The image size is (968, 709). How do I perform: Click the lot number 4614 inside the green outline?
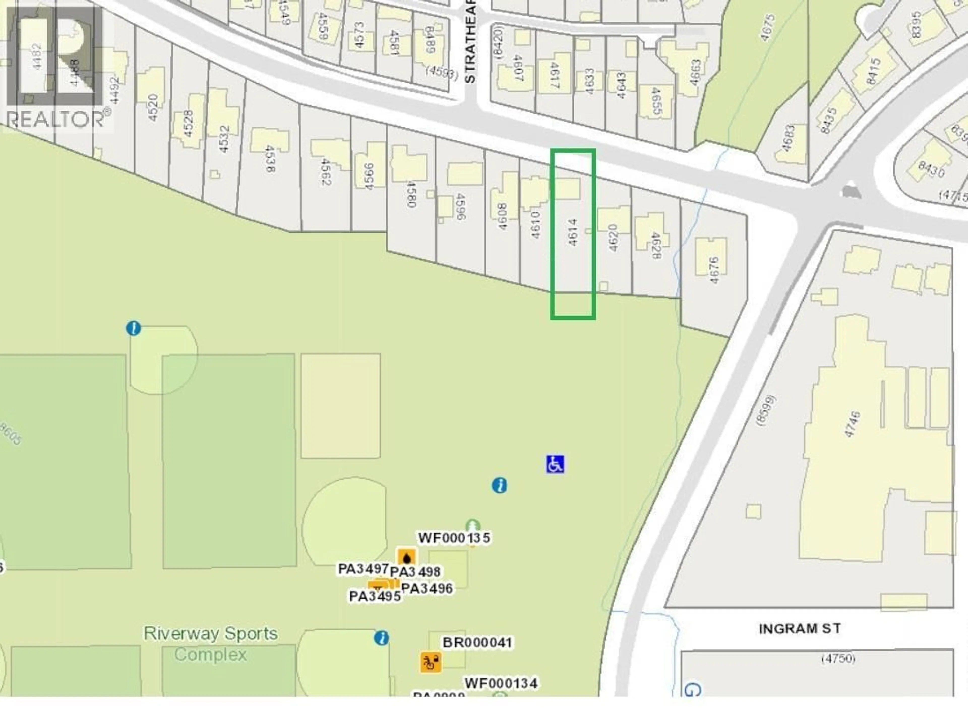573,232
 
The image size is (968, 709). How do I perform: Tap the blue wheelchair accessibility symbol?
555,464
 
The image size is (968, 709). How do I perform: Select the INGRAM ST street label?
800,629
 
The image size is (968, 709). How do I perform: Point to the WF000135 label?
454,538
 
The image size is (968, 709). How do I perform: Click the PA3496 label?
427,588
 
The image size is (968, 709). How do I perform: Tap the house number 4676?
714,270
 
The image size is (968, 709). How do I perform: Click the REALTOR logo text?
56,119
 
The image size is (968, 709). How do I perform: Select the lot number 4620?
613,238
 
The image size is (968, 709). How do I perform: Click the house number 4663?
695,72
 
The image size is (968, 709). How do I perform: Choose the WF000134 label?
501,683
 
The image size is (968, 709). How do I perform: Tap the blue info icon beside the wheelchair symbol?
499,485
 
